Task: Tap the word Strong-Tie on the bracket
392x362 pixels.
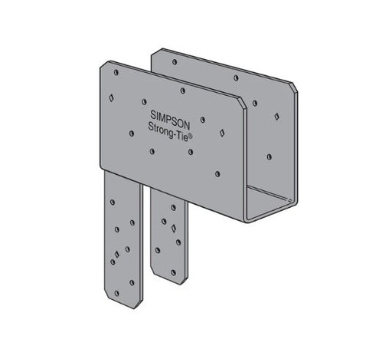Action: (168, 131)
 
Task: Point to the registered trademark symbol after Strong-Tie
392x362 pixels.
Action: (191, 137)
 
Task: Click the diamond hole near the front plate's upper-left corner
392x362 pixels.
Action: (111, 97)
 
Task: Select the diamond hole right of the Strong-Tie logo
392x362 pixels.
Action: (222, 133)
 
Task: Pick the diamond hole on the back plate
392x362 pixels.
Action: (276, 117)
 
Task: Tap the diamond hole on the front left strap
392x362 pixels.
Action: (117, 254)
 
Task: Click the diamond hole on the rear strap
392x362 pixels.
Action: (174, 229)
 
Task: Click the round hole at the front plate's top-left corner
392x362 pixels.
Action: (116, 73)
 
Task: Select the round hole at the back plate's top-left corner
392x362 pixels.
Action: (175, 62)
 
